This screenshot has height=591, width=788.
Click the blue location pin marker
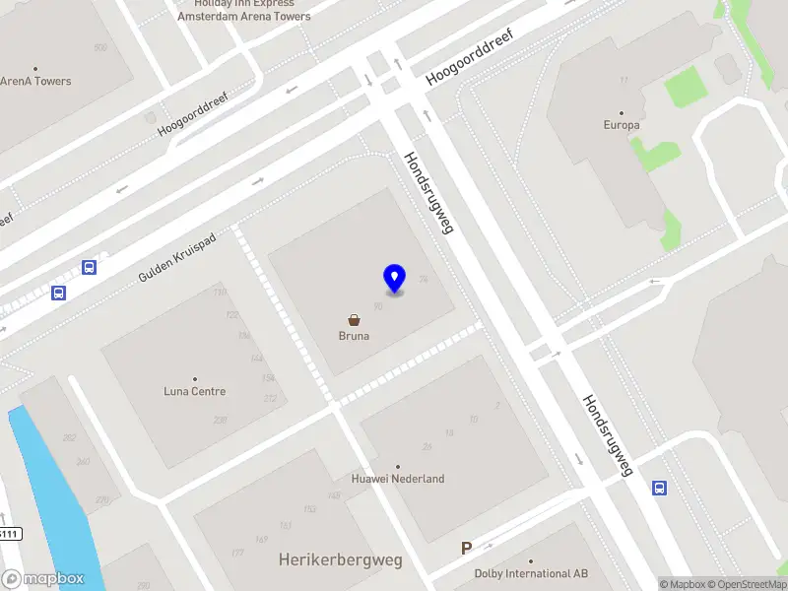tap(394, 278)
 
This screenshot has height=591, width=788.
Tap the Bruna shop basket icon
tap(354, 320)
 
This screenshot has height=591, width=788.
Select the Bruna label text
tap(354, 336)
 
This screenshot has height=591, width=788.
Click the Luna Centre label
tap(194, 391)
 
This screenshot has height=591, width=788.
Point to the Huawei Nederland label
tap(398, 479)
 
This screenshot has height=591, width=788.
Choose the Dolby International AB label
tap(531, 573)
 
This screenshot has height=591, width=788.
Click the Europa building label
tap(622, 125)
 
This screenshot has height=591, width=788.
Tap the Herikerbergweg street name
tap(341, 559)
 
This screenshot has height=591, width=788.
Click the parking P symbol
tap(467, 549)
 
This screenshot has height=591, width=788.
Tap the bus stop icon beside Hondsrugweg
tap(659, 487)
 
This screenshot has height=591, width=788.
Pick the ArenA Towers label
tap(36, 81)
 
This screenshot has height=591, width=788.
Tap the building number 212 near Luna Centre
tap(270, 398)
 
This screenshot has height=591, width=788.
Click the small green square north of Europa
tap(686, 87)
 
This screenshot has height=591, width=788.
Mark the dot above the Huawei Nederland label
tap(398, 467)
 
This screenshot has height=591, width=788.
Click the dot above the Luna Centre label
tap(194, 379)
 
